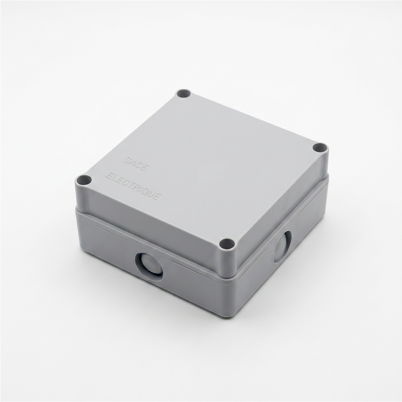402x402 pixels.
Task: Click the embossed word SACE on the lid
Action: (x=136, y=163)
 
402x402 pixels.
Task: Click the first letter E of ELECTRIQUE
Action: (x=109, y=176)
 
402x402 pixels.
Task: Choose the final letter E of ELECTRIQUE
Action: (x=158, y=197)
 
